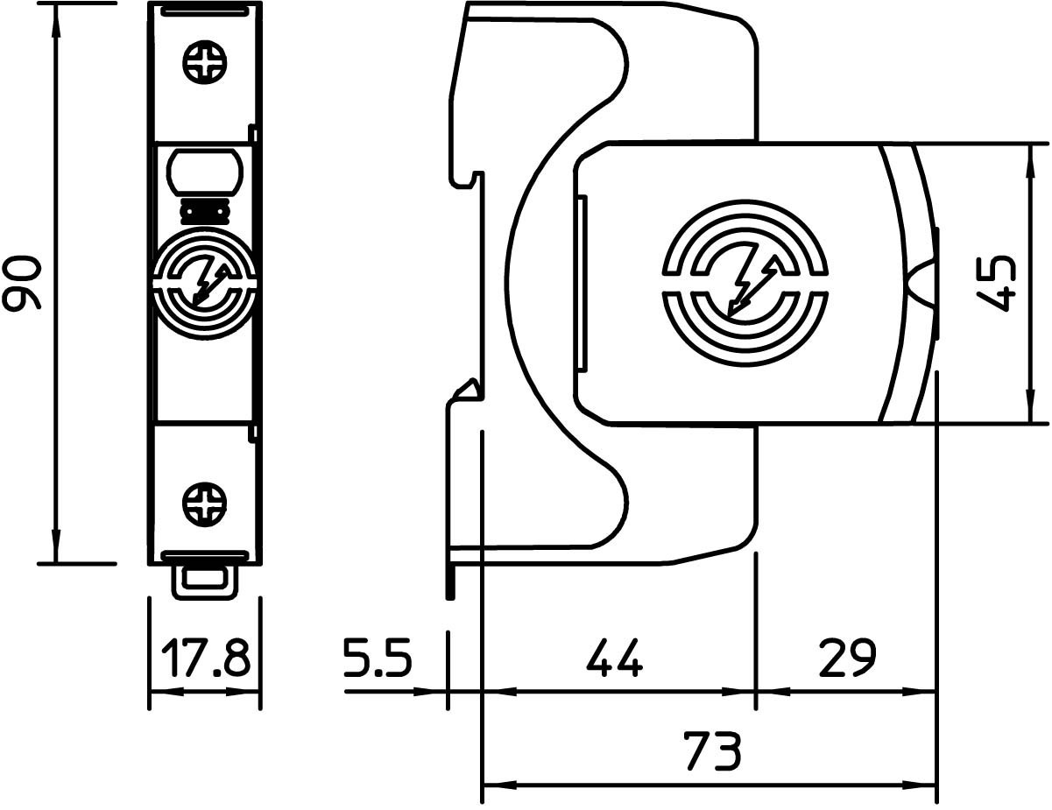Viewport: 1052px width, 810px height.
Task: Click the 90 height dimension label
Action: point(22,283)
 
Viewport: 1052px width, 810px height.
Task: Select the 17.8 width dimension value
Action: point(205,657)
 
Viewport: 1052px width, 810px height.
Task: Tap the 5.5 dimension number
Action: point(378,657)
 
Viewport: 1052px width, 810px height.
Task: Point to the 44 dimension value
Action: point(614,657)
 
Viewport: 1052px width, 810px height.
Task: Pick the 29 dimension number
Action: point(847,657)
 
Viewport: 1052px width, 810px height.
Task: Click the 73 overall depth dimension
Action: point(712,751)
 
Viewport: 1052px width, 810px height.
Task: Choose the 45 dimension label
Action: point(995,284)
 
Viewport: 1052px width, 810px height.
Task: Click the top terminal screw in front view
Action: point(205,62)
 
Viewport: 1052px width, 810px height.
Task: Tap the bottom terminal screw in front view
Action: point(205,504)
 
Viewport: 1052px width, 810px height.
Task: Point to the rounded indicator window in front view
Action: point(204,172)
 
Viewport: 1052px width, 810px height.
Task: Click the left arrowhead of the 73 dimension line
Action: point(499,785)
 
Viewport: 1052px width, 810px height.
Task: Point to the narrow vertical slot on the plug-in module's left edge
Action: point(582,283)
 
